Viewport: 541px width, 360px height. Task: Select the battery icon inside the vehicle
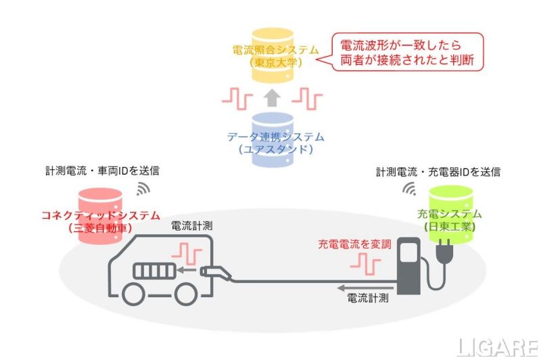(155, 271)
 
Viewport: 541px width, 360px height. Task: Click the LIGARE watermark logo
(497, 346)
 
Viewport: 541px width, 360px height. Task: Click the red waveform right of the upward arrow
(306, 99)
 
